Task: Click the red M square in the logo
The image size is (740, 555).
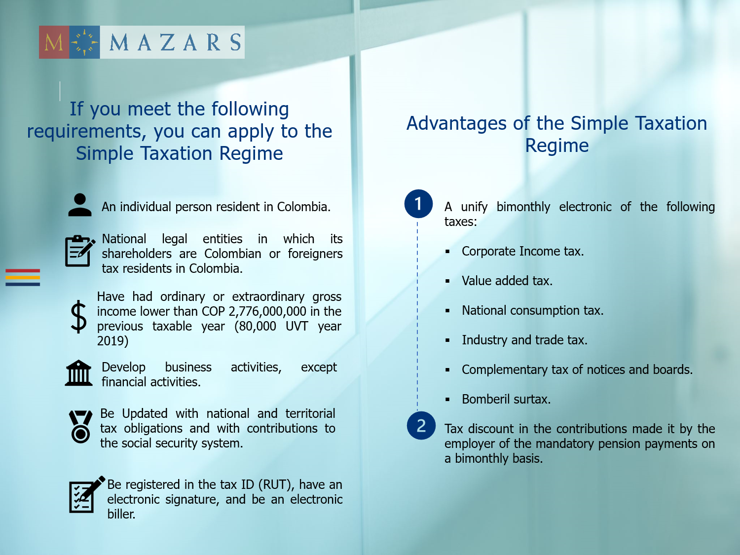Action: tap(54, 42)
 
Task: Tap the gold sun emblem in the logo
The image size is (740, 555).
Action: tap(84, 42)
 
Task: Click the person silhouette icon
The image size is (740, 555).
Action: tap(80, 205)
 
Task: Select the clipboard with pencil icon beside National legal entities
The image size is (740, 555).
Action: tap(79, 251)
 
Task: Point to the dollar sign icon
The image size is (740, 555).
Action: tap(78, 317)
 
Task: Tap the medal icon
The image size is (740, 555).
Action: tap(80, 427)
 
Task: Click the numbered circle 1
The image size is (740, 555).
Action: tap(418, 204)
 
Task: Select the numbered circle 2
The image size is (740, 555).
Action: tap(421, 426)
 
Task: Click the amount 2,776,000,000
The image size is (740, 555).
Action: tap(267, 312)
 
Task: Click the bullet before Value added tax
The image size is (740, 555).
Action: tap(447, 281)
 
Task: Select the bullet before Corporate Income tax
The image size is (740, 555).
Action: tap(447, 252)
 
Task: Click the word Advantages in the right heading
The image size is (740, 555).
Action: tap(456, 124)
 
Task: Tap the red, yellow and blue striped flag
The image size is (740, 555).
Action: tap(23, 277)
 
